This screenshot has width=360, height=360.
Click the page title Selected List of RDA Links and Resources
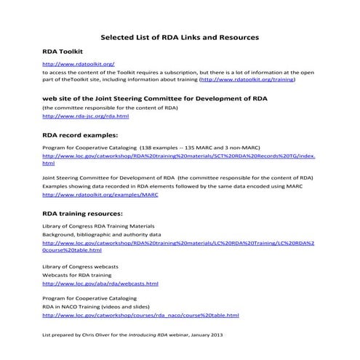[180, 36]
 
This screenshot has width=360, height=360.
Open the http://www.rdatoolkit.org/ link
[79, 65]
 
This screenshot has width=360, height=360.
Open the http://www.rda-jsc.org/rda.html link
[86, 116]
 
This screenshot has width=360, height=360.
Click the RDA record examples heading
[80, 135]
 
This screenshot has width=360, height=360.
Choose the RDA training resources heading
[82, 213]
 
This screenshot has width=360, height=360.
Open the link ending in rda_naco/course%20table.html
[140, 316]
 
